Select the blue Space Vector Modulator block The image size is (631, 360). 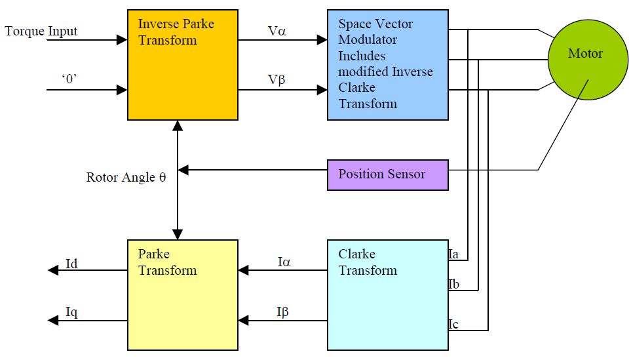pos(387,64)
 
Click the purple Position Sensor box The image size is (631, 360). pos(387,174)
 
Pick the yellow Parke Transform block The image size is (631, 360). pos(182,295)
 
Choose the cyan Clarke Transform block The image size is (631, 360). pos(387,295)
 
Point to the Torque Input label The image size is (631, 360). pos(41,31)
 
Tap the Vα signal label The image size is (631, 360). pos(277,31)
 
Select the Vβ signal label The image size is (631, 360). pos(277,80)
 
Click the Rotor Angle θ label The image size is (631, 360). pos(126,177)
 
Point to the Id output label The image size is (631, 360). pos(72,264)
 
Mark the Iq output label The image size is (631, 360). pos(72,313)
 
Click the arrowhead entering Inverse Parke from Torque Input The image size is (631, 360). pos(122,40)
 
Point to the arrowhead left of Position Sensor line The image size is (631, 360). pos(183,170)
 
